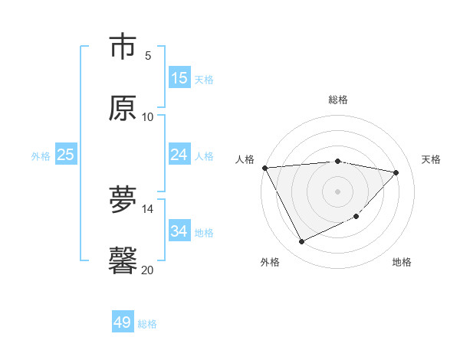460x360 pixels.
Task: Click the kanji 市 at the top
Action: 123,47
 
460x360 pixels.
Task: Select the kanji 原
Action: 123,108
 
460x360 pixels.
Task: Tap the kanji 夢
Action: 123,201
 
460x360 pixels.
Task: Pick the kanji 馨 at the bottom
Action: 123,260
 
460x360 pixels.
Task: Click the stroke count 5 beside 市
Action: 148,55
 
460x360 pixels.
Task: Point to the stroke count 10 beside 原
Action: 148,116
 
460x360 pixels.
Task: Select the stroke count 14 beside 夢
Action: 148,208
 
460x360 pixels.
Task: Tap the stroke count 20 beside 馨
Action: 148,269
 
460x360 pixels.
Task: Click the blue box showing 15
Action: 179,78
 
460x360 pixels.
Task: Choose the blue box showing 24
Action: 179,155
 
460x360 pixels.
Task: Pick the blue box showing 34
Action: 179,231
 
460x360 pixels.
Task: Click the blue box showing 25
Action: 66,155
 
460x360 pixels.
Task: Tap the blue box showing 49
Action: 123,322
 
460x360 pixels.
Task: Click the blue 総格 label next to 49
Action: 147,324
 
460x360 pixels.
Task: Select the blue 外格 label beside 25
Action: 41,156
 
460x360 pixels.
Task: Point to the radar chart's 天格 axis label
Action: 431,159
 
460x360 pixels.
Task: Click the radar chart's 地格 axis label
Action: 402,262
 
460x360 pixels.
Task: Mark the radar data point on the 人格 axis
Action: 264,168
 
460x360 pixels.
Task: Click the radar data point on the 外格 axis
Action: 301,242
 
